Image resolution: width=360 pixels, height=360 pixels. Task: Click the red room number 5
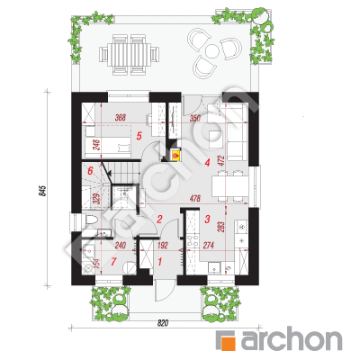pos(139,136)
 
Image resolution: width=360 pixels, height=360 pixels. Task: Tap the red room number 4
pos(207,163)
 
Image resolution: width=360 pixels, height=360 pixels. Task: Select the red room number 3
pos(207,219)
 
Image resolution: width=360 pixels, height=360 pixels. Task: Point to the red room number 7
pos(113,262)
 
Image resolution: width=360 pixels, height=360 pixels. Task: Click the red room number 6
pos(90,171)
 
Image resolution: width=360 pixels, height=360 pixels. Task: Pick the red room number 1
pos(159,262)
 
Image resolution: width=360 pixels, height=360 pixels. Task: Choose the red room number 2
pos(159,219)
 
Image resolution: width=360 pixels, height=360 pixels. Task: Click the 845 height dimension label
pos(43,191)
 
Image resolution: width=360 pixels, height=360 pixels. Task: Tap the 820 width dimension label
pos(162,323)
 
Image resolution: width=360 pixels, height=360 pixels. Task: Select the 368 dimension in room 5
pos(120,118)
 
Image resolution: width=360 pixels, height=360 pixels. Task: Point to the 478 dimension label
pos(195,198)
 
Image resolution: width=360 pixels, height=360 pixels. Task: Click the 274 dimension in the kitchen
pos(209,246)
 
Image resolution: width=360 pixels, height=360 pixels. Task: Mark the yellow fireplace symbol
pos(175,156)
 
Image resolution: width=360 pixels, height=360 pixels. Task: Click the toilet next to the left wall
pos(89,220)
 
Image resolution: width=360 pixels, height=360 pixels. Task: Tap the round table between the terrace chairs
pos(212,51)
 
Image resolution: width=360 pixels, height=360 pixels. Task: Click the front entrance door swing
pos(165,290)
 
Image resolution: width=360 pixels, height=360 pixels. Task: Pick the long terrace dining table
pos(130,54)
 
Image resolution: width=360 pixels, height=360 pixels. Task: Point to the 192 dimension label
pos(162,246)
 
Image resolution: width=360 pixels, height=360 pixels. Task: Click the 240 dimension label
pos(121,246)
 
